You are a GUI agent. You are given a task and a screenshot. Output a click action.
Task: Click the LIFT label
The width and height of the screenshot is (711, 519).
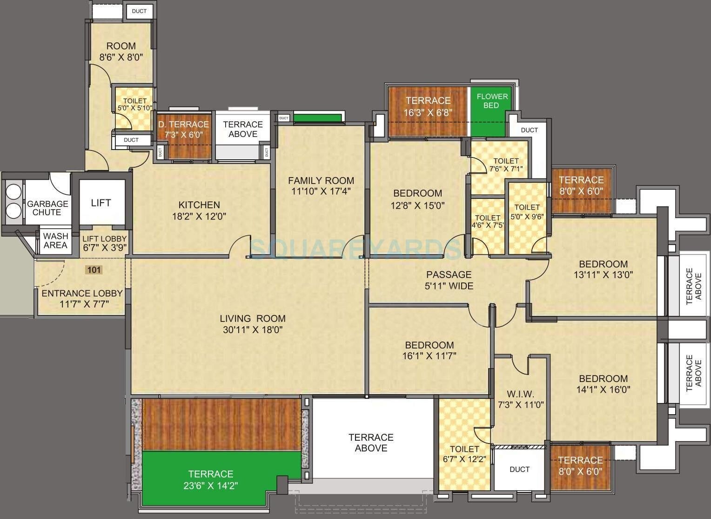point(101,203)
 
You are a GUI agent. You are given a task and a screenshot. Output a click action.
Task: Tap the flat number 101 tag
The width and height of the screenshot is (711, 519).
point(94,270)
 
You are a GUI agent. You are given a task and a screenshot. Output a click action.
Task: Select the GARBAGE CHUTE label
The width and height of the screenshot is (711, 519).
point(47,208)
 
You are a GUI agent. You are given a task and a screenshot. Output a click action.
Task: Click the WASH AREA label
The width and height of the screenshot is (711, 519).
point(55,241)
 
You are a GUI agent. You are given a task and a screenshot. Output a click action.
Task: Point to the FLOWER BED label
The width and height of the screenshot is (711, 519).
point(492,101)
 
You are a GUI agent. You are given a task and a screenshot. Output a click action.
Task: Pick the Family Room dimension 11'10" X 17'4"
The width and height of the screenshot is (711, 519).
point(321,191)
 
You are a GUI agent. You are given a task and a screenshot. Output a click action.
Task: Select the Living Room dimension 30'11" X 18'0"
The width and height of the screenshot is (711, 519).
point(253,330)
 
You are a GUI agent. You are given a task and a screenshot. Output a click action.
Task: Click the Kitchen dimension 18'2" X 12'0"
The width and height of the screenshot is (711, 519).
point(199,216)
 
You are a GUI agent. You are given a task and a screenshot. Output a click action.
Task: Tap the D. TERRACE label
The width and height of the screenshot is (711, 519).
point(183,124)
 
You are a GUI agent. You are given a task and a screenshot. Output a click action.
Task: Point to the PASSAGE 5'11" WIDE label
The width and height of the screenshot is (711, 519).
point(449,280)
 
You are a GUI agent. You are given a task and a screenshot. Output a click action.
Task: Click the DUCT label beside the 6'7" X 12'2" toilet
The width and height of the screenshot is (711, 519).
point(519,469)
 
